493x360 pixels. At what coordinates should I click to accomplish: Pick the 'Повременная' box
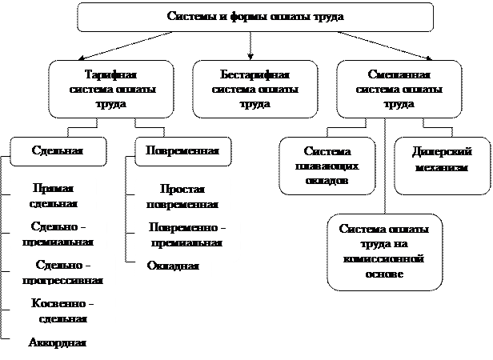[x=182, y=150]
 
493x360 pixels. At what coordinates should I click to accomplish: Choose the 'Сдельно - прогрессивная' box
[x=64, y=272]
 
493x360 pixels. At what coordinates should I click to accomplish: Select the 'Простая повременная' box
[x=183, y=195]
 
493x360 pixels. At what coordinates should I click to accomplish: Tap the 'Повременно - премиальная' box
[x=187, y=234]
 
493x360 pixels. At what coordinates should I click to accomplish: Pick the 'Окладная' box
[x=173, y=266]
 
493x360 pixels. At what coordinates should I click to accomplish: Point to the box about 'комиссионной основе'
[x=383, y=251]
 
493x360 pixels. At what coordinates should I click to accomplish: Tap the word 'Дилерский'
[x=442, y=151]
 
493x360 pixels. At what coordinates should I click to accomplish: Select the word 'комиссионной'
[x=383, y=259]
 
